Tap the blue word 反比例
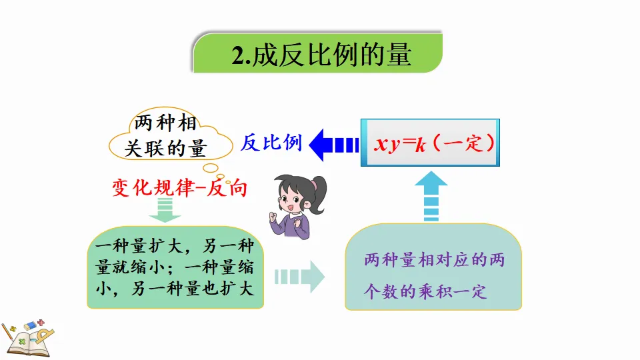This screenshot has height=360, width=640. click(x=271, y=142)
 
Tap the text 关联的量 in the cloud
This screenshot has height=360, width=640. click(x=165, y=148)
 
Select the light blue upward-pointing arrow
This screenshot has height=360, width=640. click(x=433, y=195)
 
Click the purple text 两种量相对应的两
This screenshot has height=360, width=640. click(x=434, y=260)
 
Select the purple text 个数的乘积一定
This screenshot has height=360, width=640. click(x=425, y=291)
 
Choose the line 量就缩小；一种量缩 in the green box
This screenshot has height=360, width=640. click(x=175, y=269)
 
